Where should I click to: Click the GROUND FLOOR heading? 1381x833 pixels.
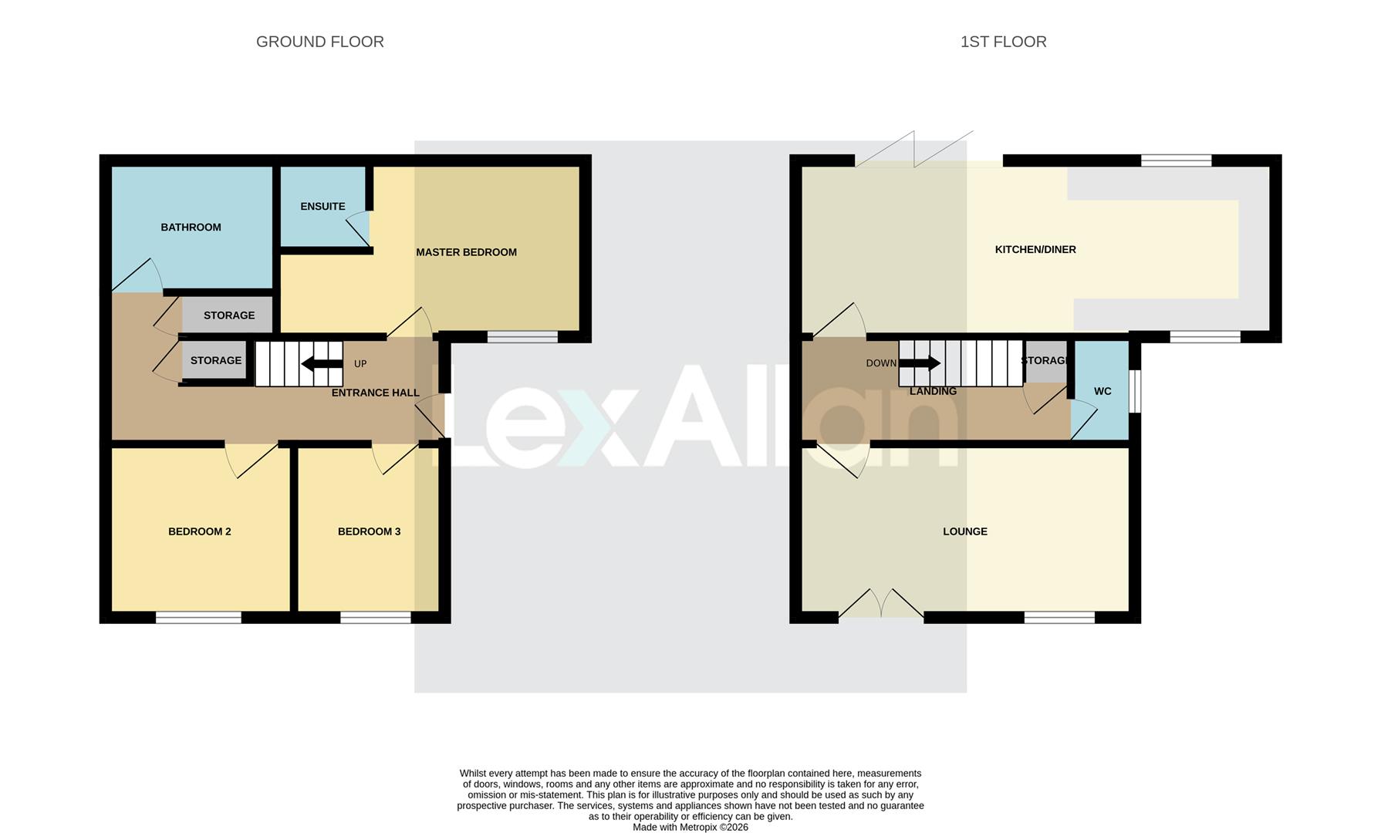click(x=319, y=42)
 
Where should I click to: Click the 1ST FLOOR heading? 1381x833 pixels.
click(x=1003, y=42)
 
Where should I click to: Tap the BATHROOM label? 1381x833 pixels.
click(x=191, y=227)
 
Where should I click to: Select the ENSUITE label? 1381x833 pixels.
click(x=322, y=206)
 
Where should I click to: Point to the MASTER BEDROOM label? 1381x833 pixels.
click(x=466, y=252)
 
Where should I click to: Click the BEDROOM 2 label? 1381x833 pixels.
click(x=199, y=531)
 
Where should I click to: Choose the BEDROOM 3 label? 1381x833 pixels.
click(x=369, y=531)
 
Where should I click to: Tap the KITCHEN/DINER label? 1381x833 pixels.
click(x=1035, y=249)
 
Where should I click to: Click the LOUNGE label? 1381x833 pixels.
click(x=964, y=531)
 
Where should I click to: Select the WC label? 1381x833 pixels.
click(x=1102, y=391)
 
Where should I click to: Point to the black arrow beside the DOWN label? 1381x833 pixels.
click(x=920, y=363)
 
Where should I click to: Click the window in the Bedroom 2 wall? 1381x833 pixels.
click(x=198, y=617)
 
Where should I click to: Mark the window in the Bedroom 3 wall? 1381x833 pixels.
click(x=376, y=617)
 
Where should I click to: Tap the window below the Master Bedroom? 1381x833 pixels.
click(x=522, y=336)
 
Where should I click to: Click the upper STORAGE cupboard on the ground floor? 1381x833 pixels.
click(x=228, y=315)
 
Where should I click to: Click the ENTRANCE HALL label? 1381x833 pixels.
click(x=375, y=393)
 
